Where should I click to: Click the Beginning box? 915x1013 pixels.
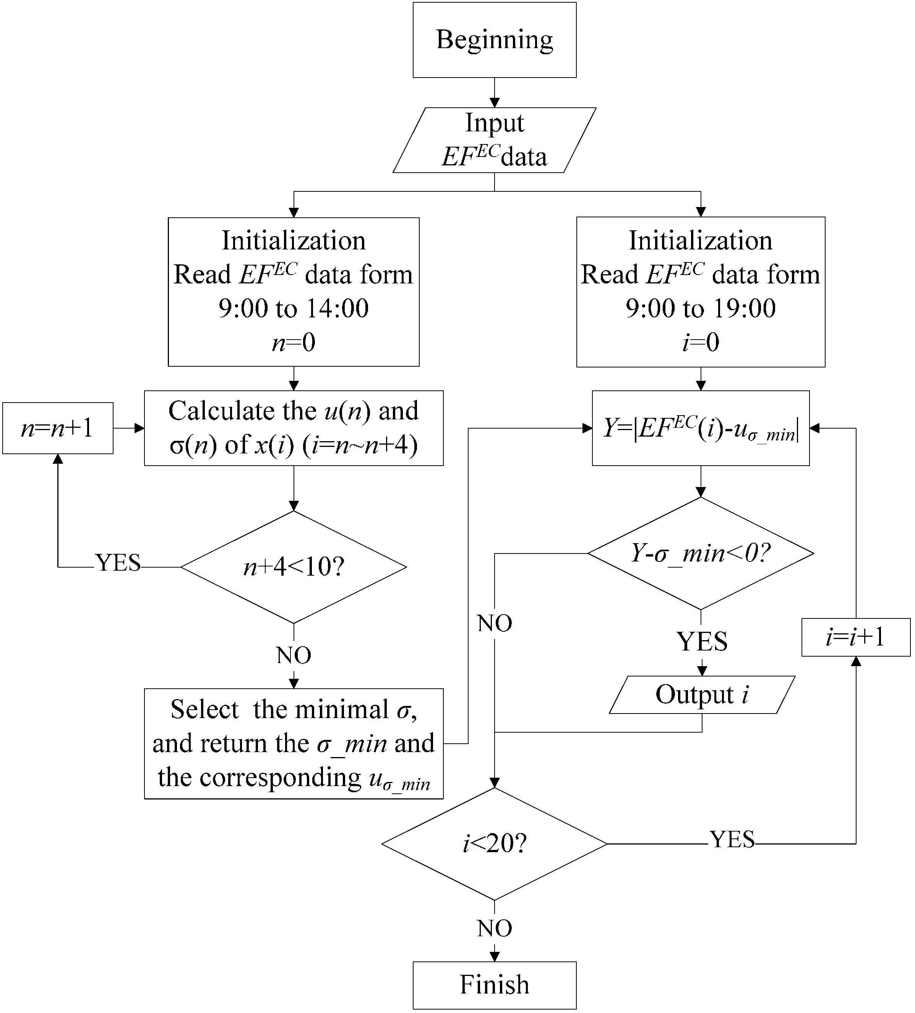click(x=494, y=40)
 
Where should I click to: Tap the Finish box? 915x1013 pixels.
click(x=494, y=984)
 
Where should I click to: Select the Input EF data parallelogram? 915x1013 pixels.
click(x=494, y=140)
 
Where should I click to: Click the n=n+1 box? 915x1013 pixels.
click(x=57, y=428)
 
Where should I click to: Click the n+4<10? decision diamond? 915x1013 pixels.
click(x=294, y=567)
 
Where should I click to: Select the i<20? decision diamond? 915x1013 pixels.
click(x=494, y=844)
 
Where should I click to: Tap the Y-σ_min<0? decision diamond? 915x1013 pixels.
click(x=700, y=553)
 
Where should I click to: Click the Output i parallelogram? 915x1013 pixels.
click(x=702, y=695)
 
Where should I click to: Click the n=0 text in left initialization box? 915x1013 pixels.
click(x=294, y=342)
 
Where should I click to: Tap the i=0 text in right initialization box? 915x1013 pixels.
click(x=700, y=342)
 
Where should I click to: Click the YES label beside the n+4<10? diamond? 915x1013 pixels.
click(x=118, y=563)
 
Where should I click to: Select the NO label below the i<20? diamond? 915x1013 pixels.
click(x=494, y=929)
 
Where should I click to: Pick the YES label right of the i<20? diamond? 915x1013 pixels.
click(x=732, y=840)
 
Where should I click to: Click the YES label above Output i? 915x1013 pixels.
click(x=702, y=642)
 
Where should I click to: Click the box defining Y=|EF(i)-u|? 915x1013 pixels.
click(x=700, y=428)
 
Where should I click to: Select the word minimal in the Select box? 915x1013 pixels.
click(x=341, y=709)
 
